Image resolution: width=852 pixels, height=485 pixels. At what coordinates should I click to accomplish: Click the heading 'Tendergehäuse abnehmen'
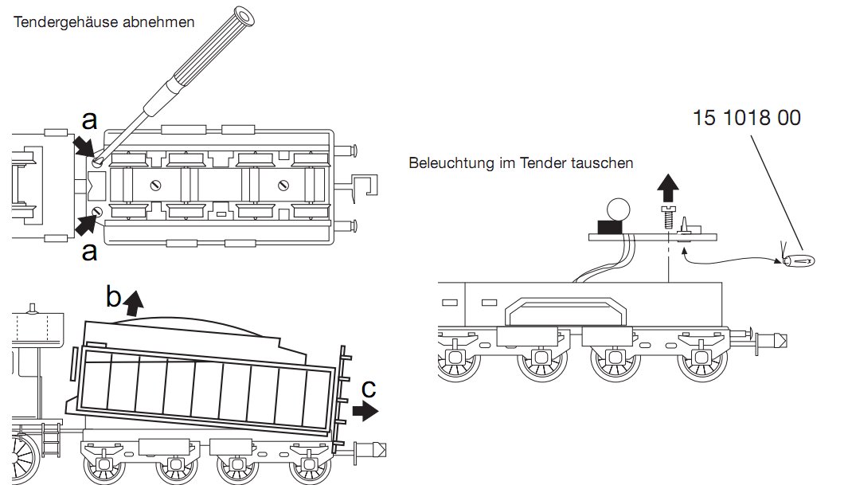[x=104, y=22]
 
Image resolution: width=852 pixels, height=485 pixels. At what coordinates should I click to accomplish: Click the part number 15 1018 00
[x=746, y=118]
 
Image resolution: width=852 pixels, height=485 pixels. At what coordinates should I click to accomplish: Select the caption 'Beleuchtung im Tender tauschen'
[x=521, y=163]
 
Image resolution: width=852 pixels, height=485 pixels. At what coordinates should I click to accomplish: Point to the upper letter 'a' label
[x=90, y=120]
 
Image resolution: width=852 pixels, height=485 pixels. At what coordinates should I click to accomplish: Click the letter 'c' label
[x=368, y=390]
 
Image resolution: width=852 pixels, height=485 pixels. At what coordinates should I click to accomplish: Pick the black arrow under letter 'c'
[x=366, y=411]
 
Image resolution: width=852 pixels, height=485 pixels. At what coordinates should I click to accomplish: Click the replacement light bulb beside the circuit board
[x=799, y=260]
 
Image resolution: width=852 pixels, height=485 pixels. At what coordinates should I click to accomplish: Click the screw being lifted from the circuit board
[x=669, y=216]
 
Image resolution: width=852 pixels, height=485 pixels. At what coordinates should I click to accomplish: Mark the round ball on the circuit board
[x=618, y=209]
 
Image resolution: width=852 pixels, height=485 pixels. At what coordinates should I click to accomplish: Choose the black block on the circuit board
[x=611, y=228]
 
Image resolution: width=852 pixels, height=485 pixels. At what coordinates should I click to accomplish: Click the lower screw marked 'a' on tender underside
[x=97, y=211]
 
